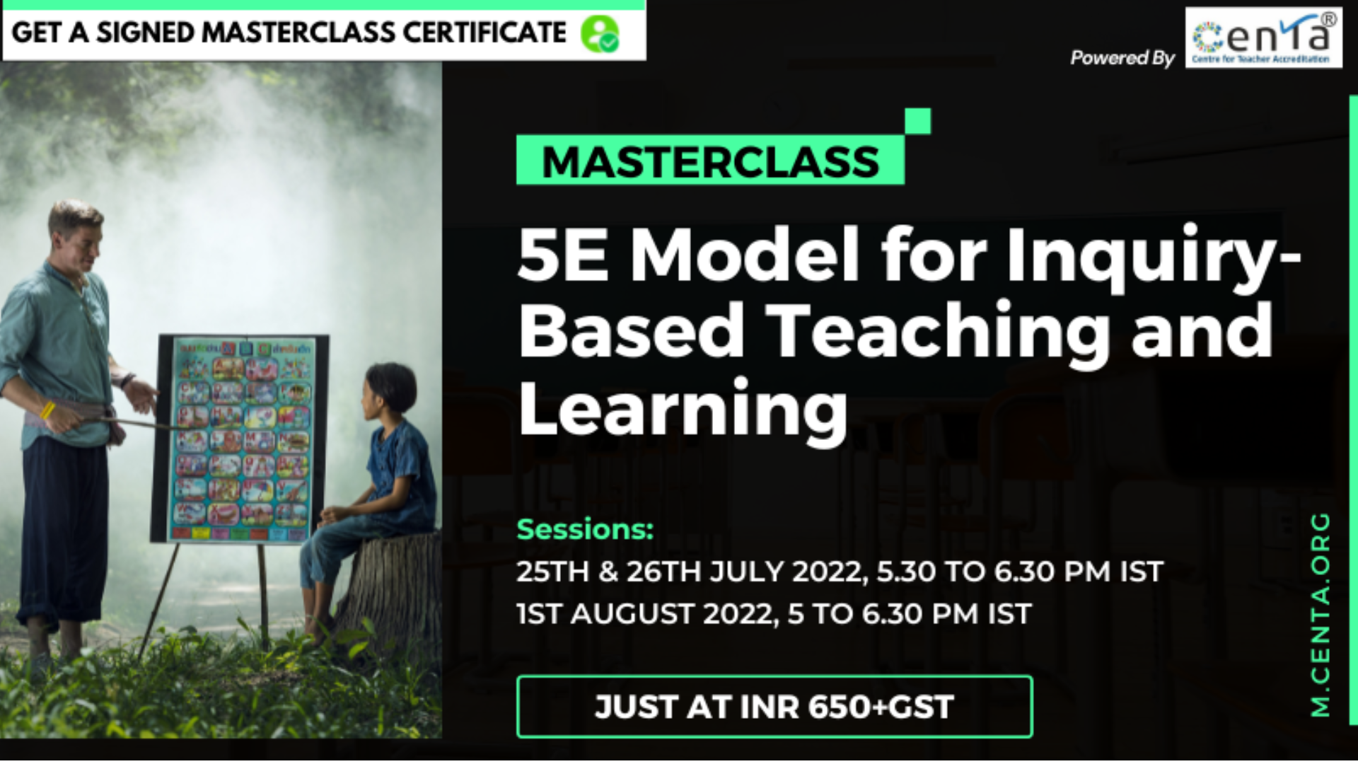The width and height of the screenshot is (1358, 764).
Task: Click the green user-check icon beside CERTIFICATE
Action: [600, 33]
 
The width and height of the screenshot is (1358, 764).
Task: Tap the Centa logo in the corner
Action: [1263, 37]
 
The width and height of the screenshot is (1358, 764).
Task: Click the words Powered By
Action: [1122, 58]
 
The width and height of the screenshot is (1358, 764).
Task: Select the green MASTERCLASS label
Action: [710, 161]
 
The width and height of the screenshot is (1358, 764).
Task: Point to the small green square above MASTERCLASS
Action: [918, 121]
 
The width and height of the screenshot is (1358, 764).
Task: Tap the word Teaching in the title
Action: [937, 331]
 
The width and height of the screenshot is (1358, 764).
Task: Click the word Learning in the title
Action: [683, 409]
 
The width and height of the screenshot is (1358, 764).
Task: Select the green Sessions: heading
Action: [585, 529]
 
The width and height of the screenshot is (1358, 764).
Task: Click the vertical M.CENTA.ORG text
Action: [1321, 614]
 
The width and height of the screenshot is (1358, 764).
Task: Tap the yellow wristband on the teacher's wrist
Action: [47, 410]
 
